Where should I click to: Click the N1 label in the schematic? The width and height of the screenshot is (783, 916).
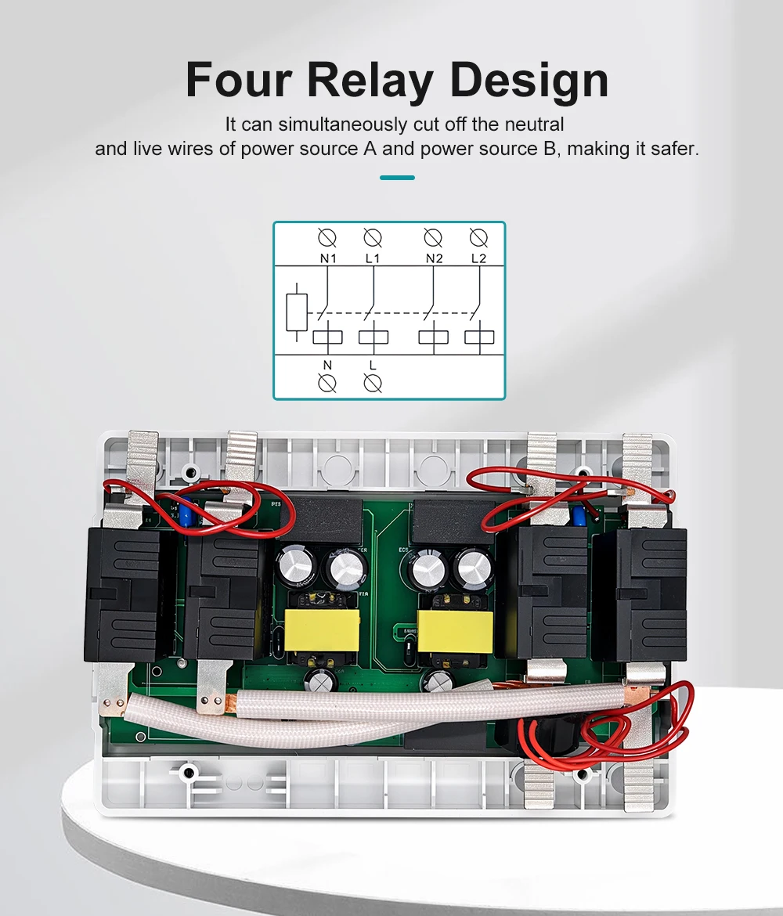pos(327,258)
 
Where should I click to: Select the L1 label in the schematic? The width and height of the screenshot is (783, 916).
pos(373,258)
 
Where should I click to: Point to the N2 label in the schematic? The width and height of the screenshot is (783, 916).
pos(434,258)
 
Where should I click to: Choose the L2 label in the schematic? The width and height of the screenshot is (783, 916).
pos(478,258)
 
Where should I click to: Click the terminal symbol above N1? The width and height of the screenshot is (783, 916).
pos(327,237)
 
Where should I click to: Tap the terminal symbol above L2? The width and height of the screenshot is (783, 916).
pos(478,237)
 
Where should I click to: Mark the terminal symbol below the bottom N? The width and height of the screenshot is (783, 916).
pos(327,383)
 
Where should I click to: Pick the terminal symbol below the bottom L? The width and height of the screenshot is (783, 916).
pos(373,383)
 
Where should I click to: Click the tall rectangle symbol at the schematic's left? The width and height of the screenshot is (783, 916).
pos(296,312)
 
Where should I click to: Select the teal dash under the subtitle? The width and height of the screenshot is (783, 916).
pos(397,178)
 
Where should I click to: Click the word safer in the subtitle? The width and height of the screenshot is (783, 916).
pos(673,148)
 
